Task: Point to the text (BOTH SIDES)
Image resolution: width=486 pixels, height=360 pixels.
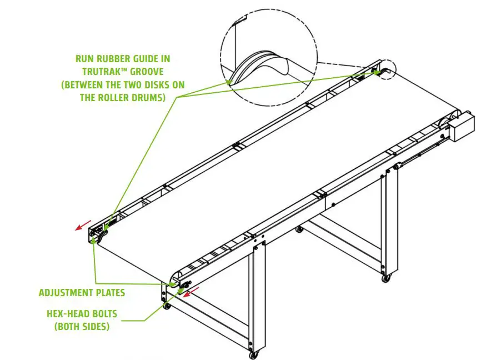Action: click(82, 327)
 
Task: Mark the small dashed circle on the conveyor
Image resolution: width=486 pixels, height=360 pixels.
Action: click(385, 69)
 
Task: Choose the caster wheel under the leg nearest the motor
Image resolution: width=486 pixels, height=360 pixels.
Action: click(385, 277)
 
